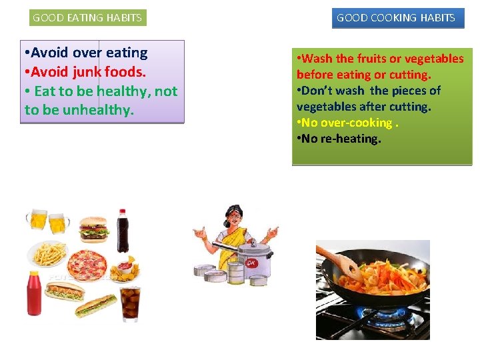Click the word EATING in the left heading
(x=87, y=18)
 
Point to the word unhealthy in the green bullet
(x=98, y=110)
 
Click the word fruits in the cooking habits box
(x=372, y=59)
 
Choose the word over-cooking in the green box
(x=356, y=123)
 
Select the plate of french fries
(x=48, y=253)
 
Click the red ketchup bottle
(x=33, y=293)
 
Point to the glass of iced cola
(x=131, y=303)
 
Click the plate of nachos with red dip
(x=124, y=271)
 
